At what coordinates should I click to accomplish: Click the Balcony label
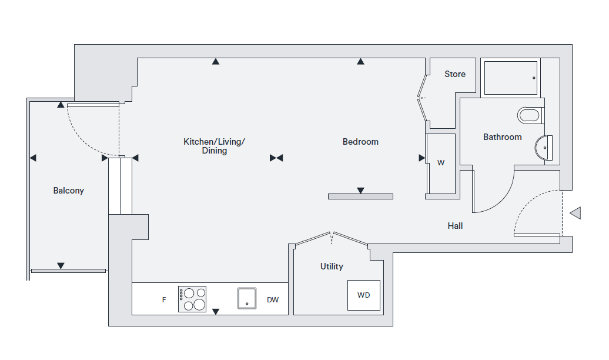point(69,191)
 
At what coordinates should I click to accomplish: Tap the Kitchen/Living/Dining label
point(214,146)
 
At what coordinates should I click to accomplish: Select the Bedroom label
point(360,142)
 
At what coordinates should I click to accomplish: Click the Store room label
point(455,74)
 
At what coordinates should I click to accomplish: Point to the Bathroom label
point(502,137)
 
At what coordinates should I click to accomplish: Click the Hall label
point(455,226)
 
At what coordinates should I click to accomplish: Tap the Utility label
point(332,266)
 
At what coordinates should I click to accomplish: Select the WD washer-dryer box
point(363,295)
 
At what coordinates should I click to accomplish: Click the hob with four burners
point(192,299)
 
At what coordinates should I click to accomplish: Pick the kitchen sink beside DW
point(248,298)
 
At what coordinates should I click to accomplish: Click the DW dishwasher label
point(273,300)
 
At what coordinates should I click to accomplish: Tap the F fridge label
point(164,300)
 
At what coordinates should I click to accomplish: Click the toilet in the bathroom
point(530,115)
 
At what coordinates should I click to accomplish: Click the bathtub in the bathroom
point(510,78)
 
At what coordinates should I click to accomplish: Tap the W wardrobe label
point(441,163)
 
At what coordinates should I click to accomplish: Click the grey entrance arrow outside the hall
point(575,213)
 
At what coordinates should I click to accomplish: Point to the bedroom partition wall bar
point(360,196)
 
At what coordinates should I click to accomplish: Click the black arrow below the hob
point(216,312)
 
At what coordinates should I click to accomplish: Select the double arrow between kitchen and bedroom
point(276,158)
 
